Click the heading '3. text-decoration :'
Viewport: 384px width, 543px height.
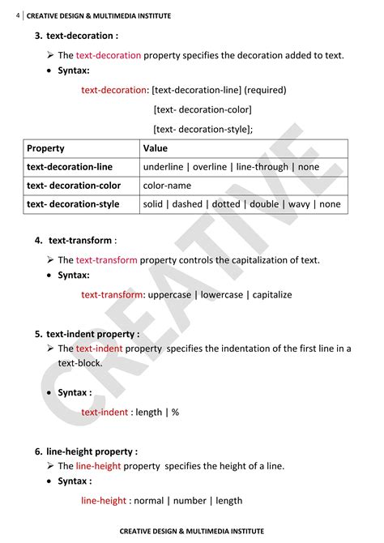coord(76,36)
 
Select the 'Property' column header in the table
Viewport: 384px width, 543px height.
coord(45,148)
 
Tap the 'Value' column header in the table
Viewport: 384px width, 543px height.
coord(156,148)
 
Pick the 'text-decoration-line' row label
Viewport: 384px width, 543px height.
coord(70,167)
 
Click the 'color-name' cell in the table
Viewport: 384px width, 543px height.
coord(167,186)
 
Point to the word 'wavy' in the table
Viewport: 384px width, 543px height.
coord(300,204)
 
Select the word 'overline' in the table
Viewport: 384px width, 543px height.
coord(210,167)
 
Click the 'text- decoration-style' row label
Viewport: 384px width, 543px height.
coord(73,204)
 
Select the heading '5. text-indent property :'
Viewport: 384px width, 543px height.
coord(87,334)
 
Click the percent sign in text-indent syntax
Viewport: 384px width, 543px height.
coord(175,412)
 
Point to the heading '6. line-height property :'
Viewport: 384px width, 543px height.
coord(86,451)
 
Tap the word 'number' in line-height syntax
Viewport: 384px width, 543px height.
coord(188,501)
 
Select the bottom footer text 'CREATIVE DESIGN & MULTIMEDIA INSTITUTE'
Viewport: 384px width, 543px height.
coord(192,532)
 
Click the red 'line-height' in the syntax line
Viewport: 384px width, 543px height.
coord(104,501)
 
